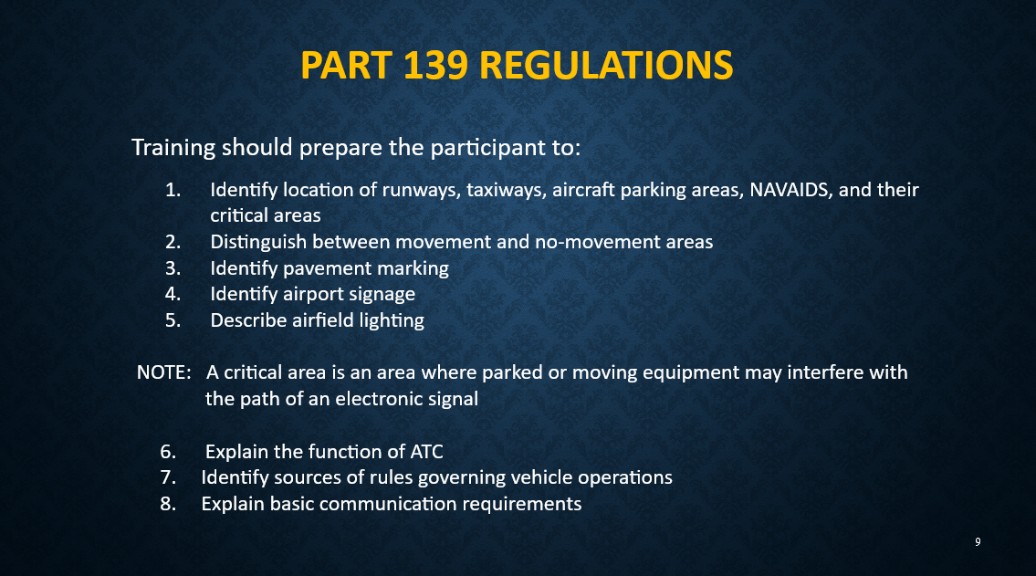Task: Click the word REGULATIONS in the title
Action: [606, 66]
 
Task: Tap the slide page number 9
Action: [978, 542]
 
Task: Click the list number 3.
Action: [173, 268]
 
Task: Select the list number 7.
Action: [168, 477]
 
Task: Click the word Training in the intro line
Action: [174, 147]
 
